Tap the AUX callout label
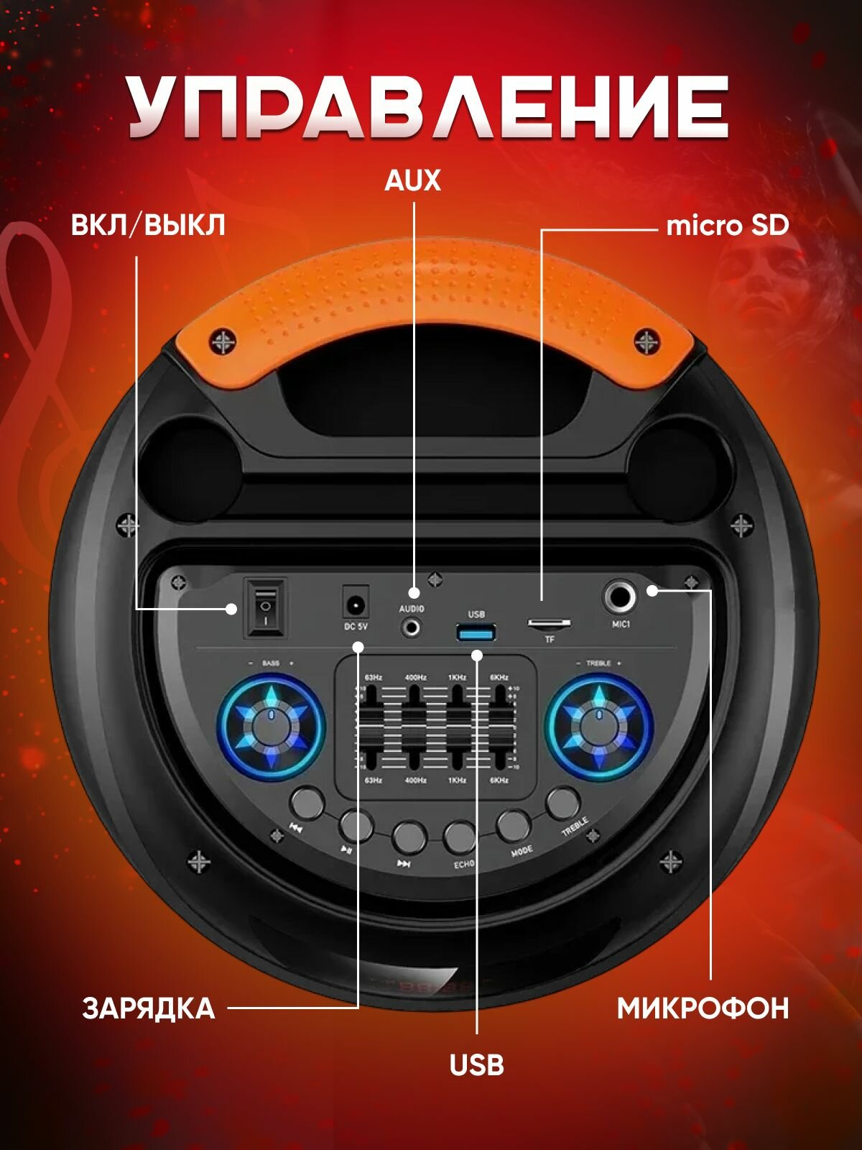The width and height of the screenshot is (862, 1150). pyautogui.click(x=412, y=180)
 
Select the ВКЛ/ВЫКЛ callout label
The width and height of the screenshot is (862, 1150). pyautogui.click(x=148, y=225)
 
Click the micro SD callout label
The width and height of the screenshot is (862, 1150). pyautogui.click(x=727, y=226)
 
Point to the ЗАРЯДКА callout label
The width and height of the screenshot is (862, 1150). pyautogui.click(x=149, y=1008)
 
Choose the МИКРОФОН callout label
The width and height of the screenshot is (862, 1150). pyautogui.click(x=703, y=1008)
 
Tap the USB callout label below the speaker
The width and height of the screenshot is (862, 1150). pyautogui.click(x=476, y=1064)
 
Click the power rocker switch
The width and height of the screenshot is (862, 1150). pyautogui.click(x=265, y=608)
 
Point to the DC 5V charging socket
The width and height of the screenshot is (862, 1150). pyautogui.click(x=356, y=604)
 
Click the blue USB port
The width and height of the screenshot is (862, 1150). pyautogui.click(x=476, y=633)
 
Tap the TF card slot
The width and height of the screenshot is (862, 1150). pyautogui.click(x=550, y=623)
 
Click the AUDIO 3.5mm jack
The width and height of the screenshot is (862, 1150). pyautogui.click(x=412, y=627)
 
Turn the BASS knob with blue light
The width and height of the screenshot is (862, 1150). pyautogui.click(x=271, y=726)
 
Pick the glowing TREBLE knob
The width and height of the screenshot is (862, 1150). pyautogui.click(x=598, y=726)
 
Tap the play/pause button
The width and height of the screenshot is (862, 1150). pyautogui.click(x=356, y=826)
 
